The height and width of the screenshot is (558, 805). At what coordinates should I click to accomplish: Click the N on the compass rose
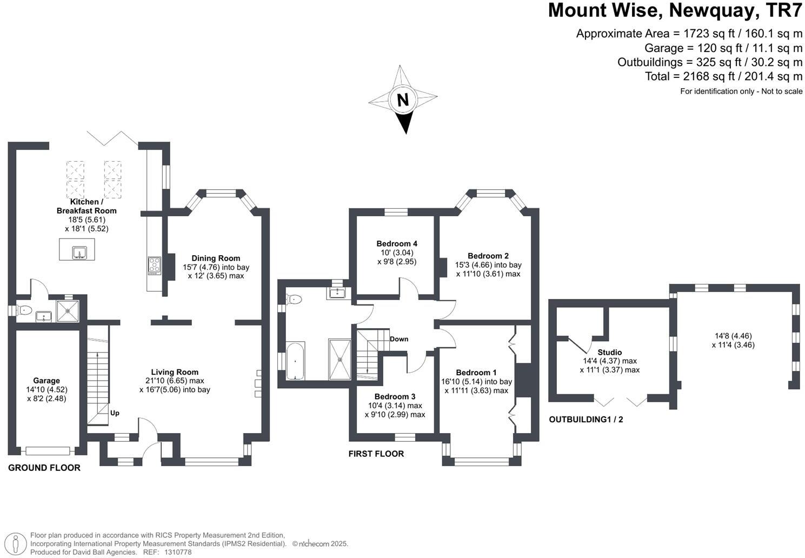click(x=402, y=100)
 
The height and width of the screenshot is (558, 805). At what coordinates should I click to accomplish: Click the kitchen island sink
click(x=79, y=251)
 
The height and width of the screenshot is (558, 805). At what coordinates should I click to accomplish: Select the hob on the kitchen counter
click(x=154, y=265)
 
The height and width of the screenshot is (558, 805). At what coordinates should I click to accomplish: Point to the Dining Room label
click(x=216, y=258)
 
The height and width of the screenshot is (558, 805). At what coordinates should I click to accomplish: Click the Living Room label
click(x=175, y=372)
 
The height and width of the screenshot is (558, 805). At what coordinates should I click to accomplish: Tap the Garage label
click(x=46, y=381)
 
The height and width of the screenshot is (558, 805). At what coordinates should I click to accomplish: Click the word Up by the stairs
click(x=115, y=413)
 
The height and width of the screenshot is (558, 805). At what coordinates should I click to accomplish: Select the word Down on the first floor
click(x=399, y=339)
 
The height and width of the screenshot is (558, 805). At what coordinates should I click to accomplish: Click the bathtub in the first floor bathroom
click(x=295, y=360)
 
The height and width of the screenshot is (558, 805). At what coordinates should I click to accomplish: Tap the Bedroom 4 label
click(x=397, y=244)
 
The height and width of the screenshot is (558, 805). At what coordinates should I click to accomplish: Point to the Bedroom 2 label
click(x=488, y=256)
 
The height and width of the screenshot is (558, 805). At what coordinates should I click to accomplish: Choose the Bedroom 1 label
click(x=476, y=373)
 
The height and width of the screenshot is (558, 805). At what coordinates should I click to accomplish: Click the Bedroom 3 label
click(x=395, y=396)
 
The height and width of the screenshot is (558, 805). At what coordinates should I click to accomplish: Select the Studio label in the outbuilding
click(x=609, y=353)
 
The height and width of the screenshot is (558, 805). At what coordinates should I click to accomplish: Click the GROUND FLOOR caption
click(x=44, y=468)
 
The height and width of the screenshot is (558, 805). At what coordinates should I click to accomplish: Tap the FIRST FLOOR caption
click(x=376, y=454)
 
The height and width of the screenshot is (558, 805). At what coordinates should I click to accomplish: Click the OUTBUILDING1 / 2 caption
click(x=586, y=419)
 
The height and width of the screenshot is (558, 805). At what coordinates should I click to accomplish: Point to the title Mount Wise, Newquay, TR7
click(x=675, y=10)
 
